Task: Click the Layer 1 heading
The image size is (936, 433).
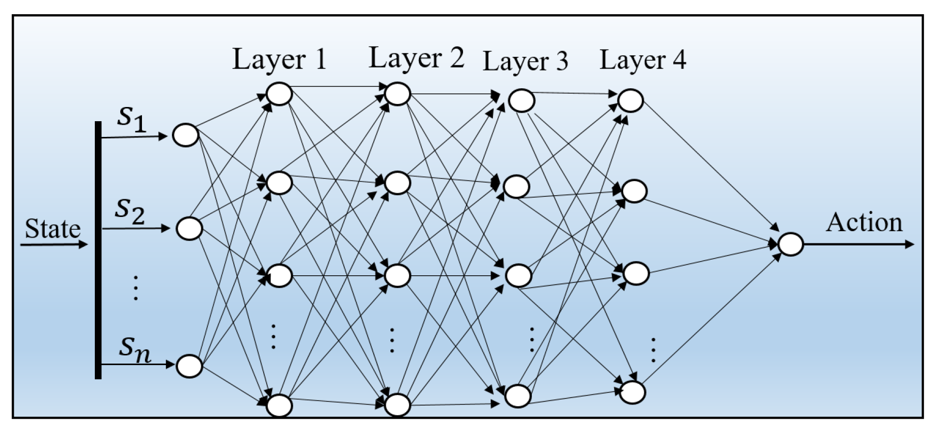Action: click(x=279, y=59)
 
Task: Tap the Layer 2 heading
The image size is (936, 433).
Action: click(x=416, y=58)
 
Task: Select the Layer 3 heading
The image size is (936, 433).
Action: click(x=525, y=61)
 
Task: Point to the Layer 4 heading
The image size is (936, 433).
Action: click(x=642, y=60)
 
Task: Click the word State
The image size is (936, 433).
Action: click(x=53, y=229)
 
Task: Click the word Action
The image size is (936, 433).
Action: click(x=864, y=222)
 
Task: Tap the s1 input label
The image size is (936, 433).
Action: click(x=132, y=119)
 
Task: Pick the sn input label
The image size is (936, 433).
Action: click(x=135, y=349)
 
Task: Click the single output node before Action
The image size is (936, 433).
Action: click(x=790, y=244)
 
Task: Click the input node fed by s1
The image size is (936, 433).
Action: click(x=186, y=135)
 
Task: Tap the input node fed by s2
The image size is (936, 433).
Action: click(x=189, y=229)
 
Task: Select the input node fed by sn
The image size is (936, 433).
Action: click(x=189, y=366)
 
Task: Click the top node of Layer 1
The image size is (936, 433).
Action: click(x=279, y=94)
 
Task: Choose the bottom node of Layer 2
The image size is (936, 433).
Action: click(x=397, y=405)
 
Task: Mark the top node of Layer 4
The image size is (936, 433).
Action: click(x=630, y=100)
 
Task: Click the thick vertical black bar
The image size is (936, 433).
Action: click(x=98, y=250)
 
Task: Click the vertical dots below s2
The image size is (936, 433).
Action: click(x=135, y=288)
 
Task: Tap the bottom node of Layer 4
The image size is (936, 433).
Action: click(x=633, y=392)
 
